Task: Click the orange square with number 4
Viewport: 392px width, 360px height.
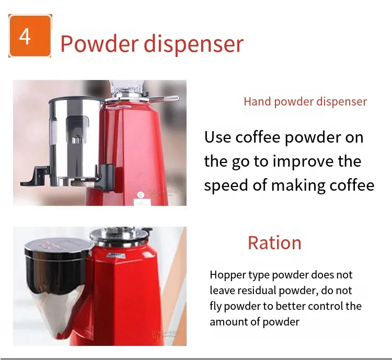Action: (30, 36)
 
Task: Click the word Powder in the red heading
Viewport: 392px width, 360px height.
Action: (99, 43)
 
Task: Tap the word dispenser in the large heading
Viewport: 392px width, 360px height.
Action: (193, 44)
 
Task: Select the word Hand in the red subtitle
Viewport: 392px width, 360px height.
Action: (257, 101)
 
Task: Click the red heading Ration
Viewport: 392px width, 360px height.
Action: (274, 243)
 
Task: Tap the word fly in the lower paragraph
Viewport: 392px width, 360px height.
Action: (215, 307)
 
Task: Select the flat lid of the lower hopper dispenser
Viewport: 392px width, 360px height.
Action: (59, 246)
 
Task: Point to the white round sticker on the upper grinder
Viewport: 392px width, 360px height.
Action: (141, 194)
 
